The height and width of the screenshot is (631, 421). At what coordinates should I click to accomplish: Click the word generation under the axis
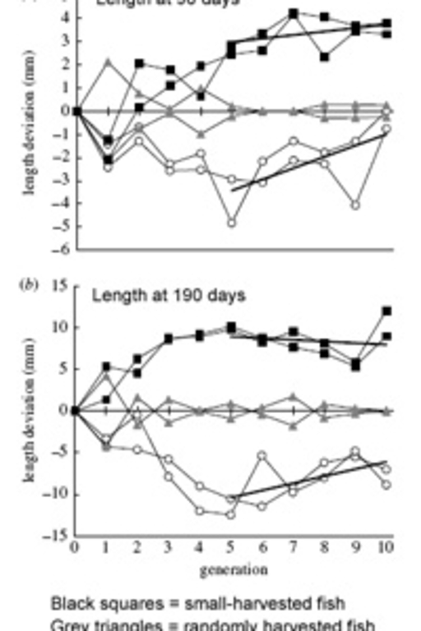(x=234, y=570)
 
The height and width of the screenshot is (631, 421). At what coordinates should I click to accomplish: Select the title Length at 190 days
(x=169, y=296)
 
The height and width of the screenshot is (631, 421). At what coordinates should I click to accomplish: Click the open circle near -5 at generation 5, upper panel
(x=232, y=223)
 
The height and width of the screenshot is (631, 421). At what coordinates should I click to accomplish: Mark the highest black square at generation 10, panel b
(x=387, y=311)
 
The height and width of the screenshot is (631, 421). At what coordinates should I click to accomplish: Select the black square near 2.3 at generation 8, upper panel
(x=325, y=57)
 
